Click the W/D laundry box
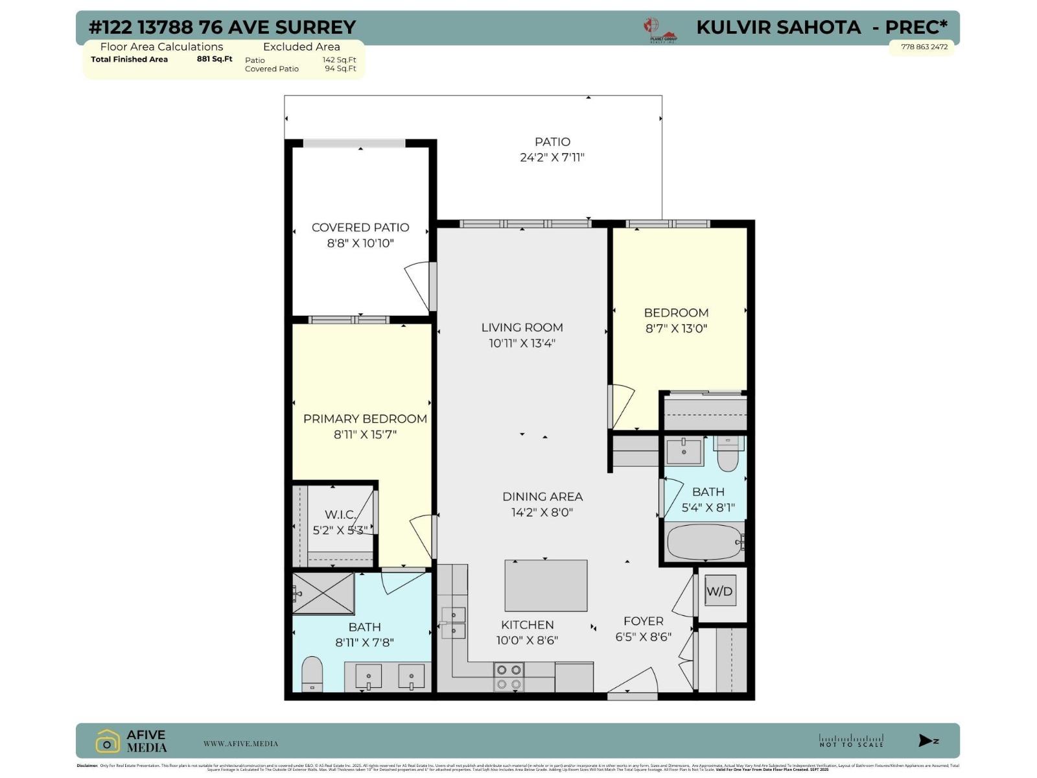pyautogui.click(x=719, y=591)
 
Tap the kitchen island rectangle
pyautogui.click(x=546, y=585)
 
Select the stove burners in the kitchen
pyautogui.click(x=509, y=677)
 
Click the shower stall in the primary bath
pyautogui.click(x=323, y=593)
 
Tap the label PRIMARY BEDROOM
pyautogui.click(x=365, y=419)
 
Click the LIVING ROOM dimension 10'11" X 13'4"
pyautogui.click(x=522, y=343)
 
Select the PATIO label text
pyautogui.click(x=552, y=141)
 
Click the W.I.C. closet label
pyautogui.click(x=340, y=514)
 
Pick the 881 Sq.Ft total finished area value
pyautogui.click(x=215, y=59)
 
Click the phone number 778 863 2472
pyautogui.click(x=924, y=47)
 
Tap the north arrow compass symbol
pyautogui.click(x=927, y=740)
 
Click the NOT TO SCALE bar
pyautogui.click(x=851, y=740)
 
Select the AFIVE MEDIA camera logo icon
pyautogui.click(x=108, y=742)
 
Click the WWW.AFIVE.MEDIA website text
pyautogui.click(x=240, y=744)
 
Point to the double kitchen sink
pyautogui.click(x=453, y=622)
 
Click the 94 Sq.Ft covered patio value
pyautogui.click(x=340, y=69)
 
